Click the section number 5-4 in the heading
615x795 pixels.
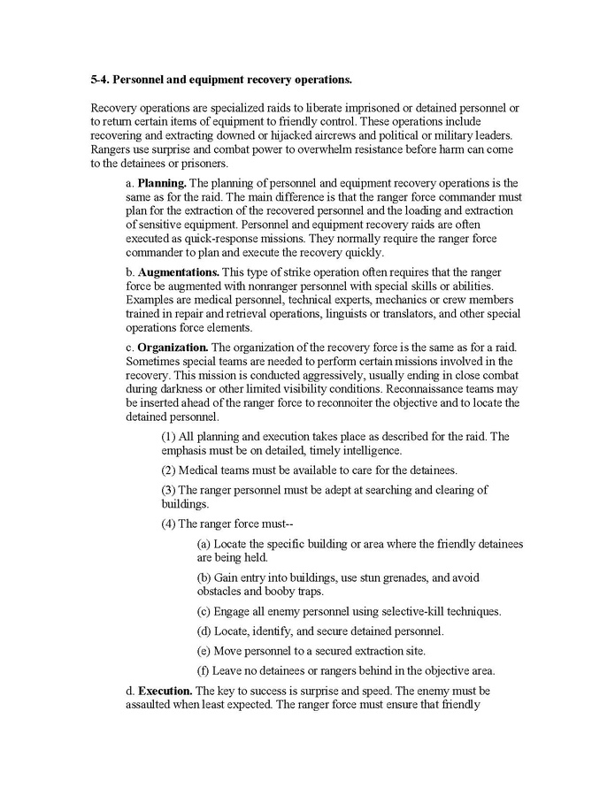(101, 80)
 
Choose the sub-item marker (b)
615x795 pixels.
(204, 577)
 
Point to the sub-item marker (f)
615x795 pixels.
(204, 669)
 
